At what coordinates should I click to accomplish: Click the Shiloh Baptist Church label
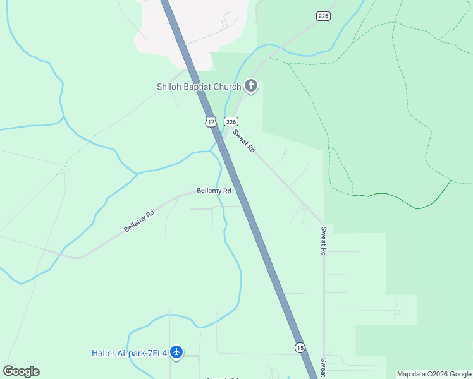click(x=199, y=87)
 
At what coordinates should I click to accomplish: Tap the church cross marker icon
click(x=251, y=86)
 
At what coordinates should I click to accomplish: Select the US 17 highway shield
click(x=211, y=121)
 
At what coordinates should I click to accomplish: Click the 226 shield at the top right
click(x=324, y=15)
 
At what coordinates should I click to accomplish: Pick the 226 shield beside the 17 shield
click(x=231, y=121)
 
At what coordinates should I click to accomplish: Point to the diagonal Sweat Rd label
click(x=243, y=141)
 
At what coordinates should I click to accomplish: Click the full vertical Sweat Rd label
click(x=323, y=241)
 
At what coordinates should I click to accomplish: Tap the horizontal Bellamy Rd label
click(x=214, y=190)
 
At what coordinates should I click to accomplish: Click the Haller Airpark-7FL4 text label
click(x=129, y=353)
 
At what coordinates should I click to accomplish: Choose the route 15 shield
click(x=300, y=347)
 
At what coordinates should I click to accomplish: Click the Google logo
click(x=21, y=371)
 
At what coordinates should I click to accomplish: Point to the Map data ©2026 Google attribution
click(x=434, y=374)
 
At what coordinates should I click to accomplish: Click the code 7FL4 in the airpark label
click(x=156, y=353)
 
